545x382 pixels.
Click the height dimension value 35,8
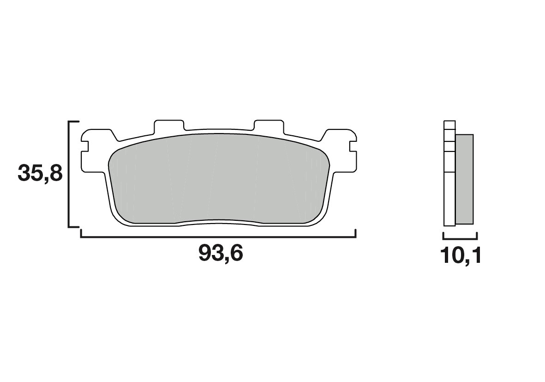[x=40, y=174]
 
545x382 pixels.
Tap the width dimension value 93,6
[x=221, y=253]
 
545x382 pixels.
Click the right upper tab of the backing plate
[x=268, y=125]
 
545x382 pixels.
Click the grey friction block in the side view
[x=464, y=179]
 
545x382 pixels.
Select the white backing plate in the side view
[x=449, y=194]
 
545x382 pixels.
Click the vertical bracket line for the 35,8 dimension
[x=69, y=174]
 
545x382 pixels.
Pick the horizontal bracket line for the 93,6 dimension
[x=218, y=237]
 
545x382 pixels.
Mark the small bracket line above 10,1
[x=460, y=239]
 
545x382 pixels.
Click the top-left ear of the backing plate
[x=97, y=135]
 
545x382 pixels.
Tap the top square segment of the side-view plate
[x=449, y=125]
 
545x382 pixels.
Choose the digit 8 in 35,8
[x=54, y=174]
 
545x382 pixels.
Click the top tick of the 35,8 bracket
[x=74, y=122]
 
